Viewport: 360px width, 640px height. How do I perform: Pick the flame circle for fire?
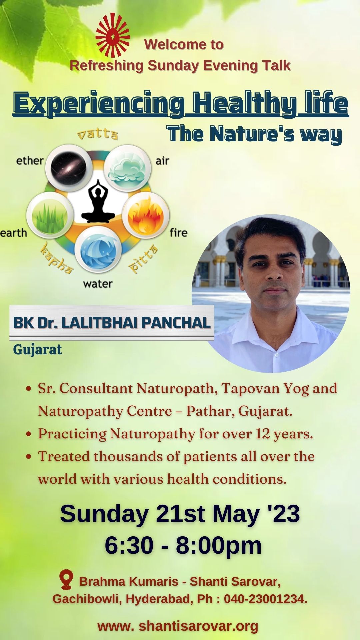click(x=146, y=215)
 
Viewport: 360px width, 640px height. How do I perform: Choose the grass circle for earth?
click(x=50, y=215)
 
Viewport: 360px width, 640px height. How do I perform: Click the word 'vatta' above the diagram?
click(x=98, y=134)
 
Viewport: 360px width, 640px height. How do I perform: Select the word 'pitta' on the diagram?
click(x=144, y=259)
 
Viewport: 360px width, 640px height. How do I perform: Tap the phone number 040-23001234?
click(x=265, y=599)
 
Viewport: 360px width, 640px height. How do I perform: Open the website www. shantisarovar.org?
click(x=178, y=626)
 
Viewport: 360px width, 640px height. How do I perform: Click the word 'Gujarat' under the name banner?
click(x=37, y=350)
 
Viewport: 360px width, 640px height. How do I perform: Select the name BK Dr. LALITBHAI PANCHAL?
click(x=112, y=323)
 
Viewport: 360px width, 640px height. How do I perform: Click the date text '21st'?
click(x=180, y=514)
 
